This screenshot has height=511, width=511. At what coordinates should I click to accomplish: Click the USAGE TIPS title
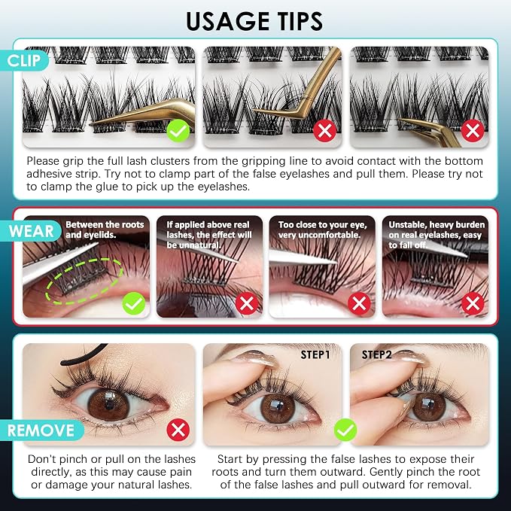[254, 21]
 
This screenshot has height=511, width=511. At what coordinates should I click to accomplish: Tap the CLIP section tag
[24, 61]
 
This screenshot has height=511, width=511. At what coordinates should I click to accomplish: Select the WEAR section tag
[31, 231]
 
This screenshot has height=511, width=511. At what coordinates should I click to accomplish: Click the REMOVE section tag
[41, 430]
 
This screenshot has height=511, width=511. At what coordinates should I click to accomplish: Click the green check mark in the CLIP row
[178, 131]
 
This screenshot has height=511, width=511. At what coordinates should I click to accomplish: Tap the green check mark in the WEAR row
[134, 303]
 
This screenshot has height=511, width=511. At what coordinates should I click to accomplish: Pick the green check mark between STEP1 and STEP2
[345, 430]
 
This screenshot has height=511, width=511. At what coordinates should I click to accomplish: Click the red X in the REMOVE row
[178, 430]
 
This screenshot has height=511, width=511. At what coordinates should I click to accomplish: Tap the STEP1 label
[315, 355]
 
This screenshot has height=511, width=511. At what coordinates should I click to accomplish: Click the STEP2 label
[377, 354]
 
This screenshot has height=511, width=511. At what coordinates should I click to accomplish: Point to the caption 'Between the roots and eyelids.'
[105, 230]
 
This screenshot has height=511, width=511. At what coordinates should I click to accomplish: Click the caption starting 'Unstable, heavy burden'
[436, 235]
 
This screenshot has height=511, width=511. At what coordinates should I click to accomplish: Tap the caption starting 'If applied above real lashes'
[209, 235]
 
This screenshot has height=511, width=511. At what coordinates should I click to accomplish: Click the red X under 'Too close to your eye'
[359, 303]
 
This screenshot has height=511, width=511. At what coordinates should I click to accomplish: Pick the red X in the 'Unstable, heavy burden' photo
[473, 303]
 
